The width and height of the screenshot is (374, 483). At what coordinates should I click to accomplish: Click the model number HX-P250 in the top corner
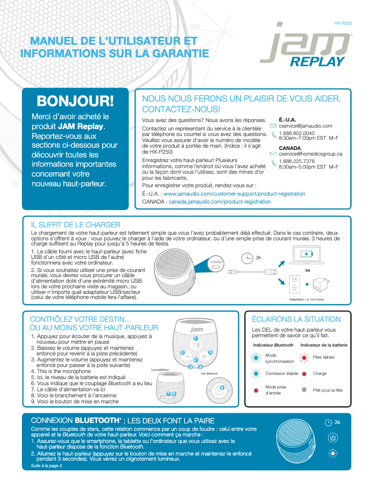343,23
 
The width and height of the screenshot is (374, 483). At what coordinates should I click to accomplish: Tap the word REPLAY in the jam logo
317,61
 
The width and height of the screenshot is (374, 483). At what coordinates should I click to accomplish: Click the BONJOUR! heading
75,101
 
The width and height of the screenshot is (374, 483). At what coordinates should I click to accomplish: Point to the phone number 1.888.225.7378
297,161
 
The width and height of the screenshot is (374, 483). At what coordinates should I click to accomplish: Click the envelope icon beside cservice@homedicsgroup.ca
273,154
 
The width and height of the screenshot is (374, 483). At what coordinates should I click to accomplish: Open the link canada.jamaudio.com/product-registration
219,202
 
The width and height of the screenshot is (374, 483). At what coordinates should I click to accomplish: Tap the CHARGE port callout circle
216,262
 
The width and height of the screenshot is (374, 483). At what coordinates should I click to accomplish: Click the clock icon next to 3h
248,258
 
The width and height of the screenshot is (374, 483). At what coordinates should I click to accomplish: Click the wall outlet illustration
294,282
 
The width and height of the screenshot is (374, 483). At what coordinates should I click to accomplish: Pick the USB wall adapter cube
322,284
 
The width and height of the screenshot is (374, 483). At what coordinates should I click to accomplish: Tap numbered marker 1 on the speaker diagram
196,338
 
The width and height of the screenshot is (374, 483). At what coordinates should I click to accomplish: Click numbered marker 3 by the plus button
210,352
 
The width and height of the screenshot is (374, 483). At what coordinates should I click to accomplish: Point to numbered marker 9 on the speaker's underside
222,388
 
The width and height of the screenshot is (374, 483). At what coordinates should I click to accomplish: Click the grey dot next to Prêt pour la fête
304,390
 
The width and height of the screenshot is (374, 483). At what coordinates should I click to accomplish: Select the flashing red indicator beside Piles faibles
304,357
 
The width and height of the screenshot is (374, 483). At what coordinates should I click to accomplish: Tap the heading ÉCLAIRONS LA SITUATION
296,320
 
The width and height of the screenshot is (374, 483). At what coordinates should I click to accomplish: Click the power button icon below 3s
332,437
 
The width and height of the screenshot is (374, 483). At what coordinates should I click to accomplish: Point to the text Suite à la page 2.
47,465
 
